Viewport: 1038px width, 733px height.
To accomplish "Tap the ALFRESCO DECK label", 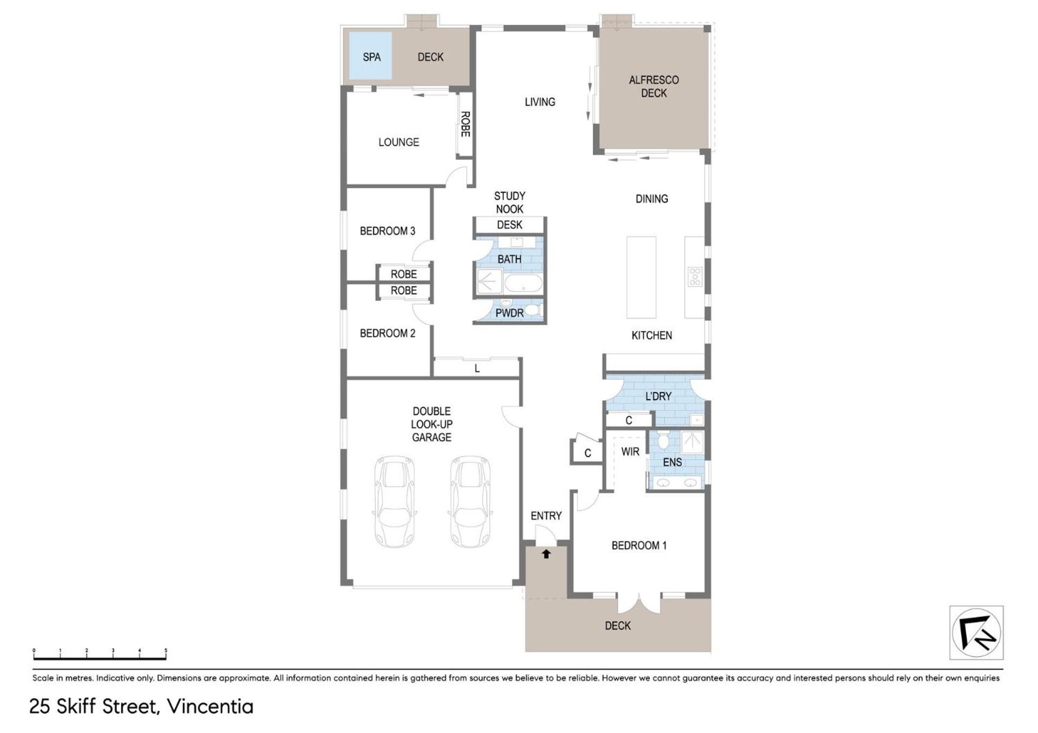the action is coord(654,86).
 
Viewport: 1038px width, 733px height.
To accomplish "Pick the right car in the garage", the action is coord(470,501).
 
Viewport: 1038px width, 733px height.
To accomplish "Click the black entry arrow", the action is coord(546,554).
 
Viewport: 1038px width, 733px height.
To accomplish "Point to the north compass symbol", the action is coord(976,633).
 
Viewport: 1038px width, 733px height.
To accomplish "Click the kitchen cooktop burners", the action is coord(695,277).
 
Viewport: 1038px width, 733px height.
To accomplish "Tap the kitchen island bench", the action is coord(641,277).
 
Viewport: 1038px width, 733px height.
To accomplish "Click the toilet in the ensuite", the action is coord(664,440).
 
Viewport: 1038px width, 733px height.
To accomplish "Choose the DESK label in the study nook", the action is coord(509,225).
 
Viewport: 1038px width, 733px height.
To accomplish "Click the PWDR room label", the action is coord(509,313).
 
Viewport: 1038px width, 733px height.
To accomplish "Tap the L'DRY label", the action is coord(658,396).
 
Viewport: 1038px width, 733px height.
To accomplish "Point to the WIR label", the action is coord(630,452).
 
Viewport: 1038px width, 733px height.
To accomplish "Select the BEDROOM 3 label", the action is coord(388,231).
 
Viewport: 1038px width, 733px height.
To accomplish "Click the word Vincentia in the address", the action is coord(210,707).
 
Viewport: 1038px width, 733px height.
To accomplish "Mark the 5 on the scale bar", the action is coord(166,651).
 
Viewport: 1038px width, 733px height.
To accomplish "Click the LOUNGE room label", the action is coord(398,142).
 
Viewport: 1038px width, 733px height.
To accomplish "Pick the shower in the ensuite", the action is coord(691,442).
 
